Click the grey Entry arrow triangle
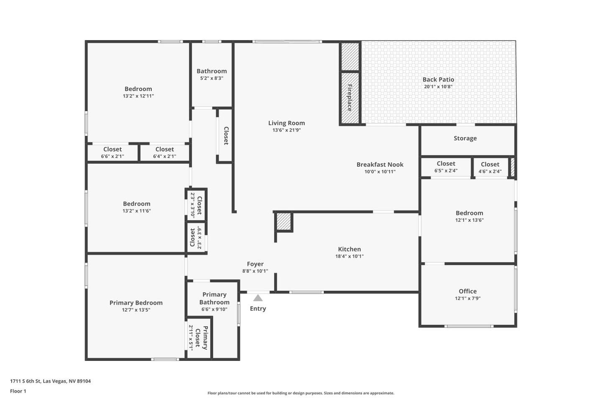point(258,298)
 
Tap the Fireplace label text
point(349,98)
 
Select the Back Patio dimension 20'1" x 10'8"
point(438,86)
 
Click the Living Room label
point(286,123)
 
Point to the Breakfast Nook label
point(380,165)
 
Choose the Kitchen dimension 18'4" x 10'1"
point(349,256)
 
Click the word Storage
point(465,138)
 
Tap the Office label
point(468,291)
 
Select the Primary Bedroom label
point(136,303)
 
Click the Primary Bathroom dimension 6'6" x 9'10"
point(214,309)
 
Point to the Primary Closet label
point(202,338)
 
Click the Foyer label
point(255,264)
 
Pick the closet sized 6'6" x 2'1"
point(112,152)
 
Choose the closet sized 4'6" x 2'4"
point(490,168)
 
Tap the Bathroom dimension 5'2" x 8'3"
point(212,78)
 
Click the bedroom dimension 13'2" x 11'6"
point(137,211)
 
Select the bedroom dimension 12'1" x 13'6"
point(469,220)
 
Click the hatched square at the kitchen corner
point(284,221)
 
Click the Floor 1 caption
point(18,391)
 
